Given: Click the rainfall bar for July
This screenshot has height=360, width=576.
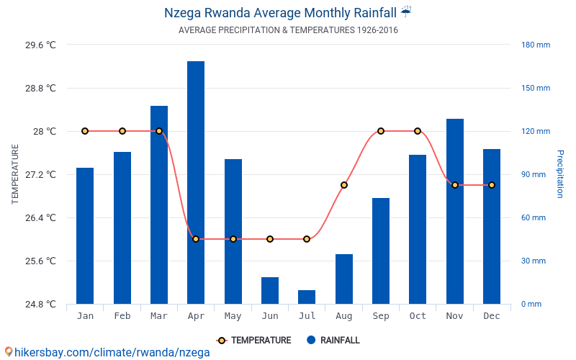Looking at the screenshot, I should tap(307, 297).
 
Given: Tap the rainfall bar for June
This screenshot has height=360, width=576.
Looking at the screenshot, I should tap(270, 290).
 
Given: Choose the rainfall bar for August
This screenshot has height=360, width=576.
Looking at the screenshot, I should tap(344, 279).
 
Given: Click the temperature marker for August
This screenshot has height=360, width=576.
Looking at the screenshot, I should tap(344, 185).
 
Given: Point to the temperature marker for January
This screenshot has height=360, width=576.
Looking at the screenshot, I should tap(85, 131).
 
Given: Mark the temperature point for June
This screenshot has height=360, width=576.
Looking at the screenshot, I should tap(270, 239).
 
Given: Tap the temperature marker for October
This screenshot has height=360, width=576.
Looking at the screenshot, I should tap(418, 131).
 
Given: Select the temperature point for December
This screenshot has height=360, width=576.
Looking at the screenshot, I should tap(492, 185).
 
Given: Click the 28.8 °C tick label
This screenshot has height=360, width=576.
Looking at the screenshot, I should tap(40, 89).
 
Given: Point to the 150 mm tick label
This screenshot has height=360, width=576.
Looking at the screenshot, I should tap(536, 89).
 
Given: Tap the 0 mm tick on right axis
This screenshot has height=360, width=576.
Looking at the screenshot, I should tap(531, 304).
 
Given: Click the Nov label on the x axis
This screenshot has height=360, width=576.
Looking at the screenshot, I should tap(455, 316).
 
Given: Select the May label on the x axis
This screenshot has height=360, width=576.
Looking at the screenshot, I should tap(233, 316).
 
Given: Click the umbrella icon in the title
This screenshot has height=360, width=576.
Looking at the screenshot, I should tap(406, 12).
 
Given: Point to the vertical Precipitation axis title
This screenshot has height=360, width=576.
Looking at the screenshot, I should tap(560, 174).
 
